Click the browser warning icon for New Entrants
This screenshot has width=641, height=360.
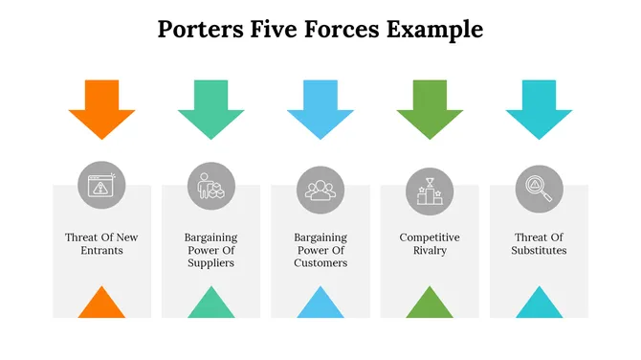pyautogui.click(x=101, y=186)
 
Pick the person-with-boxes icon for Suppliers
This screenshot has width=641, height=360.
pyautogui.click(x=210, y=186)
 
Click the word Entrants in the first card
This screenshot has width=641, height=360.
pyautogui.click(x=101, y=251)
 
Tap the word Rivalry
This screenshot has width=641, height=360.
pyautogui.click(x=430, y=251)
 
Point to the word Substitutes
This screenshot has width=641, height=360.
pyautogui.click(x=540, y=251)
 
